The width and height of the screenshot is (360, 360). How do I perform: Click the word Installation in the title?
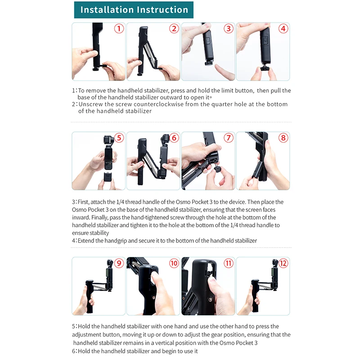[107, 9]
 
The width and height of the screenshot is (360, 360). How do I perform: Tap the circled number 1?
[119, 29]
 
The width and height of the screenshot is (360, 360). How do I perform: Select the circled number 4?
[283, 29]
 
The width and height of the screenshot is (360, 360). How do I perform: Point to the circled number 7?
[229, 138]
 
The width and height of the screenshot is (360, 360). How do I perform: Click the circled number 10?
[174, 263]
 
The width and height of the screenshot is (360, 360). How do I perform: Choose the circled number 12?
[283, 263]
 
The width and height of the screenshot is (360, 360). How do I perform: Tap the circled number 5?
[119, 138]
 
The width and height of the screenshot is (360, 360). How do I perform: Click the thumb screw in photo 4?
[265, 68]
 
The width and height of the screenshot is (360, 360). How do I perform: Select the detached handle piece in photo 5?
[108, 177]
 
